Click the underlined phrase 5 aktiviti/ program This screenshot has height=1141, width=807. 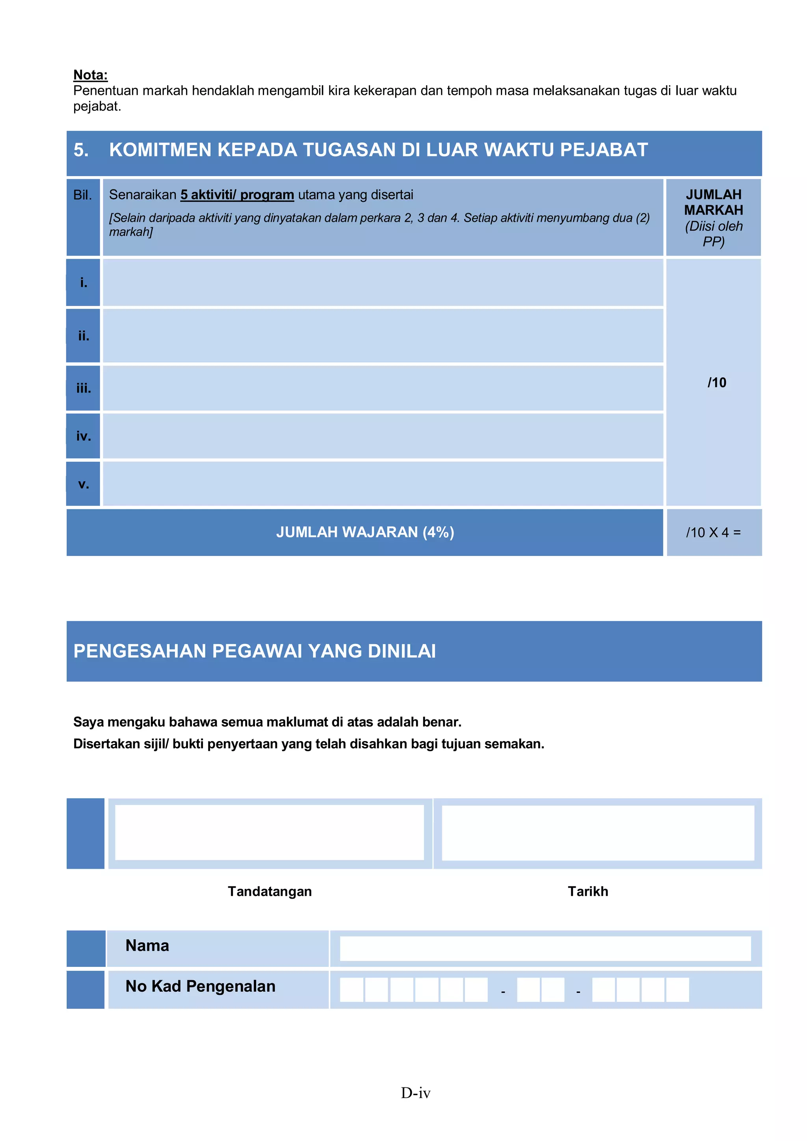(x=237, y=195)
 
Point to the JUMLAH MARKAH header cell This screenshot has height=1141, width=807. (x=713, y=217)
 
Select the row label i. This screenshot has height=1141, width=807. (x=84, y=283)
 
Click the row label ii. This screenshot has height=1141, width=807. (x=84, y=336)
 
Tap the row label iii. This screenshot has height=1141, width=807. (x=84, y=388)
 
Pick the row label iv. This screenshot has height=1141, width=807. (x=84, y=436)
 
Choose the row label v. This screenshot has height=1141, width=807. (x=84, y=484)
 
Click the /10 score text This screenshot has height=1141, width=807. (x=716, y=383)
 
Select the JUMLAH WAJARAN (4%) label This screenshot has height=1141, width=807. (x=365, y=532)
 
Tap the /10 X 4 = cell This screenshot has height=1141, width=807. (x=713, y=533)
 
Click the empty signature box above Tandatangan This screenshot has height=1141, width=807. (x=270, y=833)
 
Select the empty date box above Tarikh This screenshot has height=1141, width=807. (x=597, y=833)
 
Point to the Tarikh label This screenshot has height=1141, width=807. (x=588, y=892)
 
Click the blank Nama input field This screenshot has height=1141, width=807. (x=545, y=949)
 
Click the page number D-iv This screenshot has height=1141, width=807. (x=415, y=1093)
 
